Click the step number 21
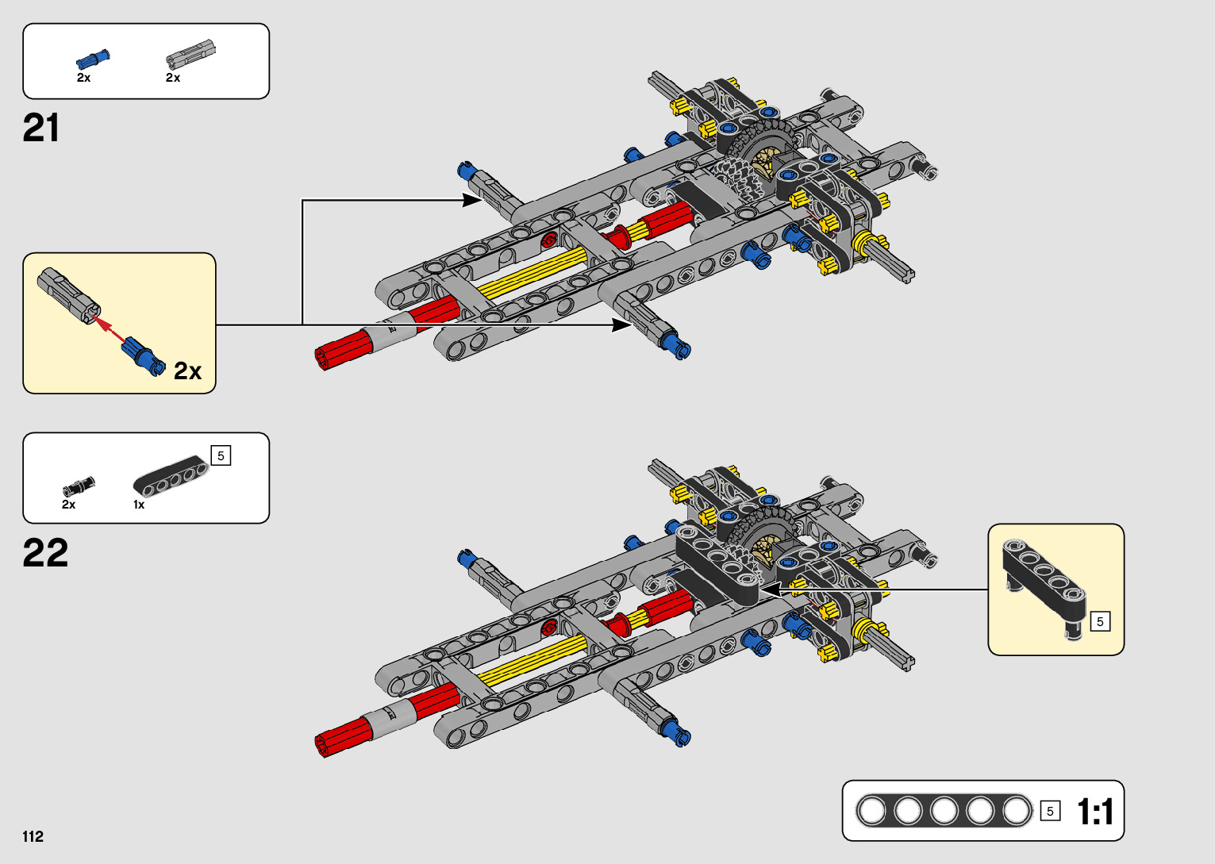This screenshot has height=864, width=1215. (41, 128)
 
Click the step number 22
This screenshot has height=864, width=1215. (45, 553)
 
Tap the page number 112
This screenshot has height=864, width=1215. (33, 836)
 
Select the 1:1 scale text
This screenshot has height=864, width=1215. (1095, 812)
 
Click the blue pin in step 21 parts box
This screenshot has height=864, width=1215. (93, 60)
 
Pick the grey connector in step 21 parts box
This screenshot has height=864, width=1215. (190, 53)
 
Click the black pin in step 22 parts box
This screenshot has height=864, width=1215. (79, 486)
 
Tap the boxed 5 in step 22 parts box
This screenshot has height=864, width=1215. (221, 455)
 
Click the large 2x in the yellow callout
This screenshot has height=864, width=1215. (187, 371)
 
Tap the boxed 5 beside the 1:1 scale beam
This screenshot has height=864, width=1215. (1050, 811)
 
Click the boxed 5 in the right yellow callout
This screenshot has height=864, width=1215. (1100, 621)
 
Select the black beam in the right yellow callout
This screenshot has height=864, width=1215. (1044, 579)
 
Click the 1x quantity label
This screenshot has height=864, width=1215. (139, 505)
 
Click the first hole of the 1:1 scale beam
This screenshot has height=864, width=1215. (871, 811)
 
